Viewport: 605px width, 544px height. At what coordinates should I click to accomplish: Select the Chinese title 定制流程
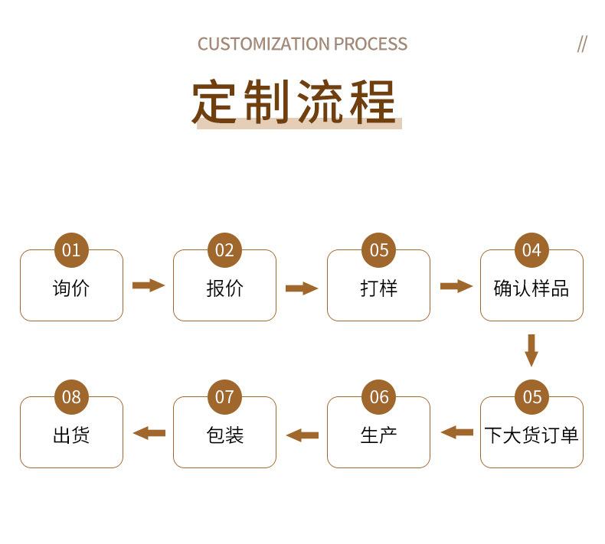click(x=295, y=101)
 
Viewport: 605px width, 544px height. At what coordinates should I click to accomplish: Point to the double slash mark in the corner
click(x=582, y=44)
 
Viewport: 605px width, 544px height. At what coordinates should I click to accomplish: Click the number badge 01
click(x=71, y=250)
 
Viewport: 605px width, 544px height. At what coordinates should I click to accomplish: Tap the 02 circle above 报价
click(x=224, y=250)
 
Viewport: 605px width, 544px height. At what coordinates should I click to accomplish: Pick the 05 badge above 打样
click(x=379, y=250)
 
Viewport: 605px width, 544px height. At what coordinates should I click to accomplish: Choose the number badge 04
click(x=531, y=250)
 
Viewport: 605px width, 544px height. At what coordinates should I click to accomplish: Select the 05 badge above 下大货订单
click(x=531, y=397)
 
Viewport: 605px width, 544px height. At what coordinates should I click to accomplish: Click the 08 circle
click(x=71, y=397)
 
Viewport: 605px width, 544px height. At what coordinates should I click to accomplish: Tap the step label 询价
click(x=71, y=288)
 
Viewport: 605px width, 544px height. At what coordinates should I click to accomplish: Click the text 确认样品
click(x=531, y=288)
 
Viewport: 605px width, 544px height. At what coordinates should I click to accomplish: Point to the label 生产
click(x=379, y=435)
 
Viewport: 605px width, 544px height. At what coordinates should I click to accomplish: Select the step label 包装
click(x=224, y=435)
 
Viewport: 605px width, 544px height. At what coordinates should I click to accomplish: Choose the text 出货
click(x=71, y=435)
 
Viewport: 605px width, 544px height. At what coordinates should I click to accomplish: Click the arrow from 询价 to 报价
click(x=148, y=285)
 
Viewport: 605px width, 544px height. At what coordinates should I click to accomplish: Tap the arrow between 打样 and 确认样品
click(x=456, y=286)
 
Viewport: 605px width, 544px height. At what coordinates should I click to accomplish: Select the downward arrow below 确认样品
click(x=531, y=350)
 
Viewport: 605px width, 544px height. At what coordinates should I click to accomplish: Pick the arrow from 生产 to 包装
click(x=302, y=435)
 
